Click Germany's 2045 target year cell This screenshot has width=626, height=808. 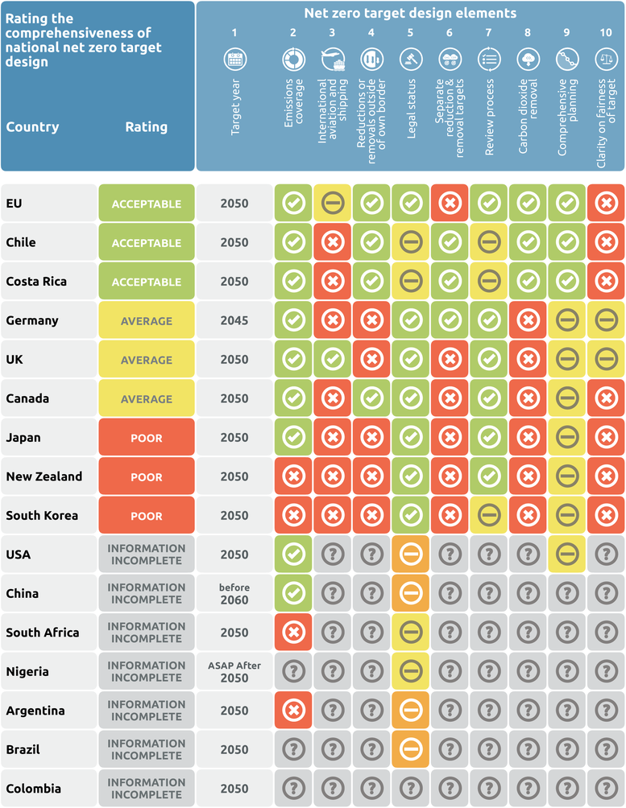pyautogui.click(x=234, y=320)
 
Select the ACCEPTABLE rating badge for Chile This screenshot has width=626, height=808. pyautogui.click(x=147, y=243)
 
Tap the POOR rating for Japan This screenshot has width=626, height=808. pyautogui.click(x=147, y=438)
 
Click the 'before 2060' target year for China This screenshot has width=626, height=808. pyautogui.click(x=234, y=593)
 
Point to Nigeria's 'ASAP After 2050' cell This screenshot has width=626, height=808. pyautogui.click(x=234, y=671)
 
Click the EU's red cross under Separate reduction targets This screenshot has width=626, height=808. pyautogui.click(x=450, y=204)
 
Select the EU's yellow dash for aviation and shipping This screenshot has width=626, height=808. pyautogui.click(x=332, y=204)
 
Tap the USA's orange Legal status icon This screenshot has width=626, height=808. pyautogui.click(x=411, y=554)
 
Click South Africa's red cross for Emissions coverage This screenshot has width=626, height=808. pyautogui.click(x=293, y=633)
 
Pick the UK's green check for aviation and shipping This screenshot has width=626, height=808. pyautogui.click(x=332, y=360)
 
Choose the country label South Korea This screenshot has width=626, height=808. pyautogui.click(x=42, y=515)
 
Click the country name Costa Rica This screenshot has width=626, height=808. pyautogui.click(x=36, y=282)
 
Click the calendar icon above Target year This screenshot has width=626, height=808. pyautogui.click(x=234, y=58)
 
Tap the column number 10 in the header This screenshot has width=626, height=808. pyautogui.click(x=606, y=33)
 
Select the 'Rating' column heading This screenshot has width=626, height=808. pyautogui.click(x=147, y=127)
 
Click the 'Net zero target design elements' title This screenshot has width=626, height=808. pyautogui.click(x=410, y=13)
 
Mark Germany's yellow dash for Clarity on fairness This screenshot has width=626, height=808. pyautogui.click(x=606, y=320)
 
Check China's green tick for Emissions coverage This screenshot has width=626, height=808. pyautogui.click(x=293, y=593)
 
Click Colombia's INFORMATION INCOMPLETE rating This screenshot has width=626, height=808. pyautogui.click(x=147, y=789)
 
